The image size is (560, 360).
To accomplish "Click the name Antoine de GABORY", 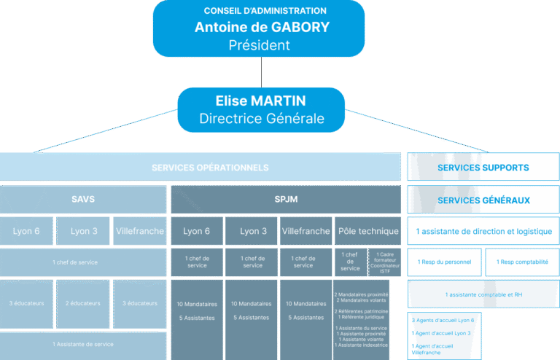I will pos(262,27).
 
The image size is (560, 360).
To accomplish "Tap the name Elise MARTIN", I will pos(261,101).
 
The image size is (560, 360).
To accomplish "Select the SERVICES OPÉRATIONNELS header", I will pos(200,168).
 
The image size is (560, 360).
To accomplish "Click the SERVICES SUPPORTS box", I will pos(483,168).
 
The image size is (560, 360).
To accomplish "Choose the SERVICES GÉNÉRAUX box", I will pos(483,200).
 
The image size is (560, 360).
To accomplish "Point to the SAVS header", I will pos(82,199).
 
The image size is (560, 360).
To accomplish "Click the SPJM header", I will pos(285,199).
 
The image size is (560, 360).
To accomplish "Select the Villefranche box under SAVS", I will pos(139,231).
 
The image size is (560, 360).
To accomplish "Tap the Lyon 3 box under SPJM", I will pos(252,231).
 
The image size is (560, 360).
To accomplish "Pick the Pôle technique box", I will pos(368,231).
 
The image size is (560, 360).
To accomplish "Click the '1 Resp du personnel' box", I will pos(444,262).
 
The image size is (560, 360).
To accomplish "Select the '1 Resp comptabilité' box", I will pos(522,262).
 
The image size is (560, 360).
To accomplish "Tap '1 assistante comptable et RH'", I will pos(483,294).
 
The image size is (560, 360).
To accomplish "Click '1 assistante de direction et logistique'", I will pos(483,232).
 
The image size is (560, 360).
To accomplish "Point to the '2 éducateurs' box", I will pos(83,303).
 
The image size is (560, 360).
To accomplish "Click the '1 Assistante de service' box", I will pos(82,344).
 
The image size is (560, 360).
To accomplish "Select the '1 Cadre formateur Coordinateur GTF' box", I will pos(385,262).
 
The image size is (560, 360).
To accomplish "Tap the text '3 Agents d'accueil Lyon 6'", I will pos(443,320).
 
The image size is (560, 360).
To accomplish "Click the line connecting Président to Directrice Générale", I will pos(261,72).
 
